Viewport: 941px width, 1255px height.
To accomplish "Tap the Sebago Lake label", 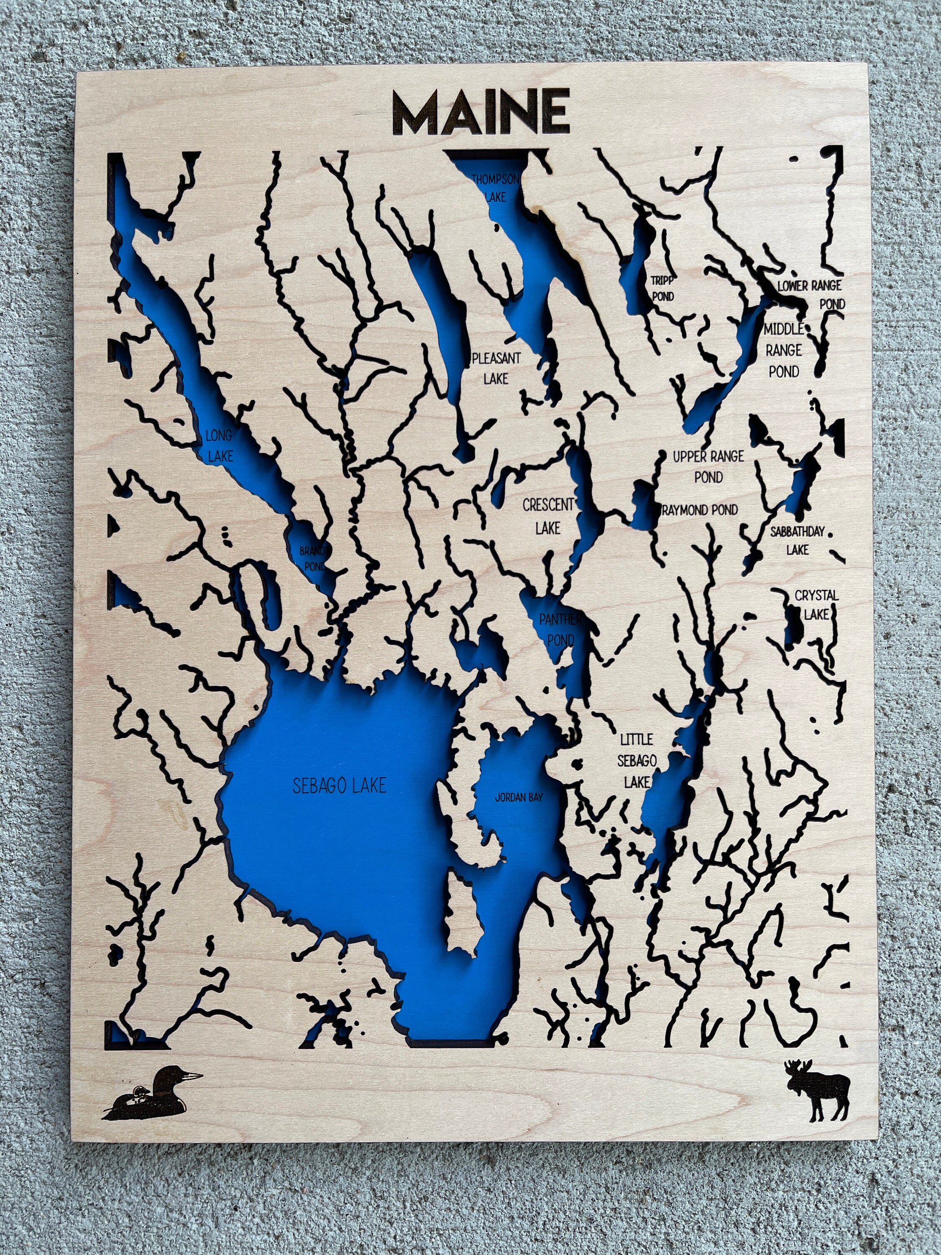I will pyautogui.click(x=339, y=785).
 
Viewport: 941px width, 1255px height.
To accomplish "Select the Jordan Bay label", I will pyautogui.click(x=519, y=798).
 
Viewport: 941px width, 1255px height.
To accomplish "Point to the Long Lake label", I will pyautogui.click(x=219, y=446).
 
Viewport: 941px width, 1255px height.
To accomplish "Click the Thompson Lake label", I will pyautogui.click(x=495, y=188).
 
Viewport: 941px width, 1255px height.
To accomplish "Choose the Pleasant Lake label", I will pyautogui.click(x=496, y=368).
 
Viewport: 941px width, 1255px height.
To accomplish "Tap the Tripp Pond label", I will pyautogui.click(x=662, y=288).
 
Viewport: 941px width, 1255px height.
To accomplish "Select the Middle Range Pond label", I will pyautogui.click(x=783, y=350).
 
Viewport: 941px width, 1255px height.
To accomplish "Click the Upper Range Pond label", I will pyautogui.click(x=708, y=466).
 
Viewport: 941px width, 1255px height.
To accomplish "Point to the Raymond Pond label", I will pyautogui.click(x=700, y=510).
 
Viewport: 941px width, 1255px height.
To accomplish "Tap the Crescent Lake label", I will pyautogui.click(x=548, y=516).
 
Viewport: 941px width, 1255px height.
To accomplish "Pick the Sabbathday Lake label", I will pyautogui.click(x=797, y=540).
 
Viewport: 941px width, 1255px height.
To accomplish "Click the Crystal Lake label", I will pyautogui.click(x=816, y=604).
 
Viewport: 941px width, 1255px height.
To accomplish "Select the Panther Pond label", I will pyautogui.click(x=560, y=629).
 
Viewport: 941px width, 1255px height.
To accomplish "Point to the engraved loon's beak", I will pyautogui.click(x=193, y=1075).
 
